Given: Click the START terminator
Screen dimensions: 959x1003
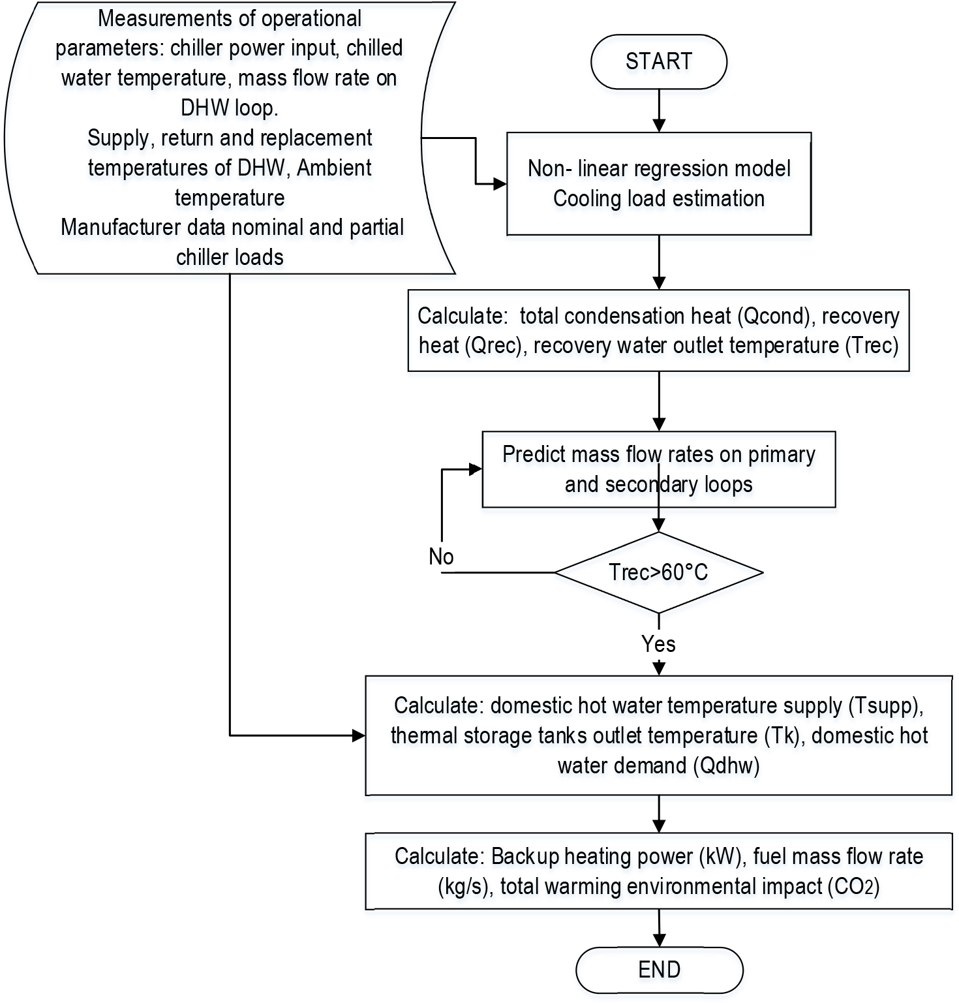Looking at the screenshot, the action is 659,61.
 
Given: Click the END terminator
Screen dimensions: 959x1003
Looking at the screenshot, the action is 659,970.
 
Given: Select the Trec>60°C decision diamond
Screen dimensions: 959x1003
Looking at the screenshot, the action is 659,572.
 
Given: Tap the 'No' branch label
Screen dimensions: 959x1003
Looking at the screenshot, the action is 441,557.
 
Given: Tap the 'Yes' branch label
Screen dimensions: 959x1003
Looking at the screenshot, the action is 658,644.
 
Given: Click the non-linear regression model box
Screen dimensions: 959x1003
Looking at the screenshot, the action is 659,183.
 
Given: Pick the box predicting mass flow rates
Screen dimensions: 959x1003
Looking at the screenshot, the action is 659,469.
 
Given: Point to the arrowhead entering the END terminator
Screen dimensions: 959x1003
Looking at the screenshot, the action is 660,940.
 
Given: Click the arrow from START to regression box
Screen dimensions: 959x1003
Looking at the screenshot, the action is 660,110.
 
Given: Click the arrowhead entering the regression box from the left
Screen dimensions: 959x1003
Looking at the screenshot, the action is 500,184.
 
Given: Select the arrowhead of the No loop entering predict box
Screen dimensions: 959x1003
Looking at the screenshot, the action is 476,469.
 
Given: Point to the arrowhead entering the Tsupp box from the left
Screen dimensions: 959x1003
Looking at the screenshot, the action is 359,735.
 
